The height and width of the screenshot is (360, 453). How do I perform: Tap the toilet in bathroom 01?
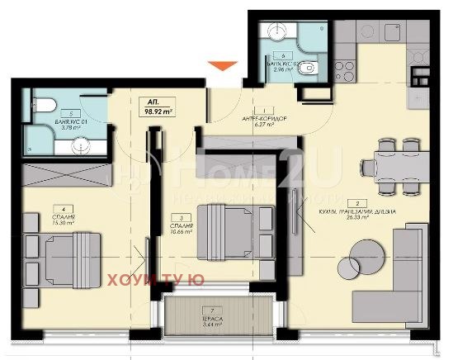[46, 105]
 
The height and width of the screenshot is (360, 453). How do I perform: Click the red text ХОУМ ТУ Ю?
[156, 281]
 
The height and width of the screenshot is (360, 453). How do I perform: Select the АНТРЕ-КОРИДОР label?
[265, 118]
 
